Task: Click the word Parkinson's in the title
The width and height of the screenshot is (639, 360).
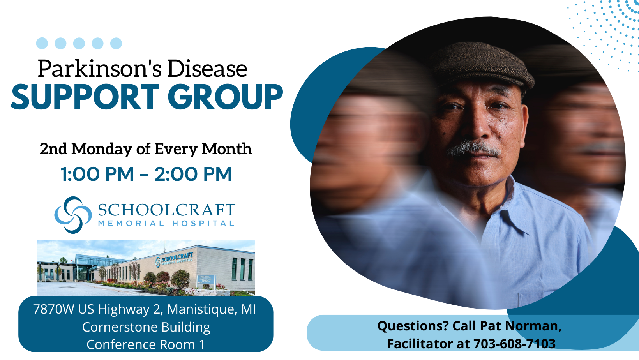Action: [100, 69]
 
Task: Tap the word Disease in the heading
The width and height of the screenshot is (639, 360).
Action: [207, 69]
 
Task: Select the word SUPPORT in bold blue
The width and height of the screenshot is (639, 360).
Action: [85, 97]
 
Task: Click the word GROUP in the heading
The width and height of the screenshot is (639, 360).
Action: [227, 97]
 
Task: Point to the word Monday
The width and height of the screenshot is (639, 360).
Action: [102, 149]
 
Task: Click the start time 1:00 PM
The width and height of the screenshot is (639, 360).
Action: [97, 174]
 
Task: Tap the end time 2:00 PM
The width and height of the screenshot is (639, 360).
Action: [193, 174]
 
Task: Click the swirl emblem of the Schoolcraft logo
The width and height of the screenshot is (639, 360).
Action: [73, 215]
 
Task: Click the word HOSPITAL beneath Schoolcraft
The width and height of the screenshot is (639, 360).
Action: [203, 223]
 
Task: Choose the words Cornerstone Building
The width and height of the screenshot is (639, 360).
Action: [146, 327]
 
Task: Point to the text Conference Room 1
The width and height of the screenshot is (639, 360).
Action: [146, 344]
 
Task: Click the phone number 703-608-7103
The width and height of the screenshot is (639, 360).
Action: [515, 344]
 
